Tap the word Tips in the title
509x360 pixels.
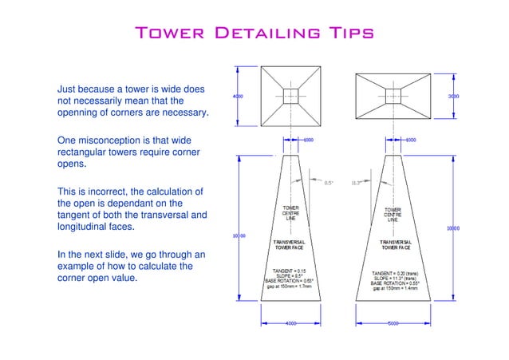[346, 34]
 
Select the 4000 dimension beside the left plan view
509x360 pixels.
[238, 96]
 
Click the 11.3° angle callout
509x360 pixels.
[357, 183]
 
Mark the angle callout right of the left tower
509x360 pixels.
[328, 183]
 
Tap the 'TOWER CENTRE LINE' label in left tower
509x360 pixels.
[291, 214]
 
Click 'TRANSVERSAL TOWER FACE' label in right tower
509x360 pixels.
[396, 244]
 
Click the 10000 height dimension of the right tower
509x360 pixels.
[453, 228]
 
